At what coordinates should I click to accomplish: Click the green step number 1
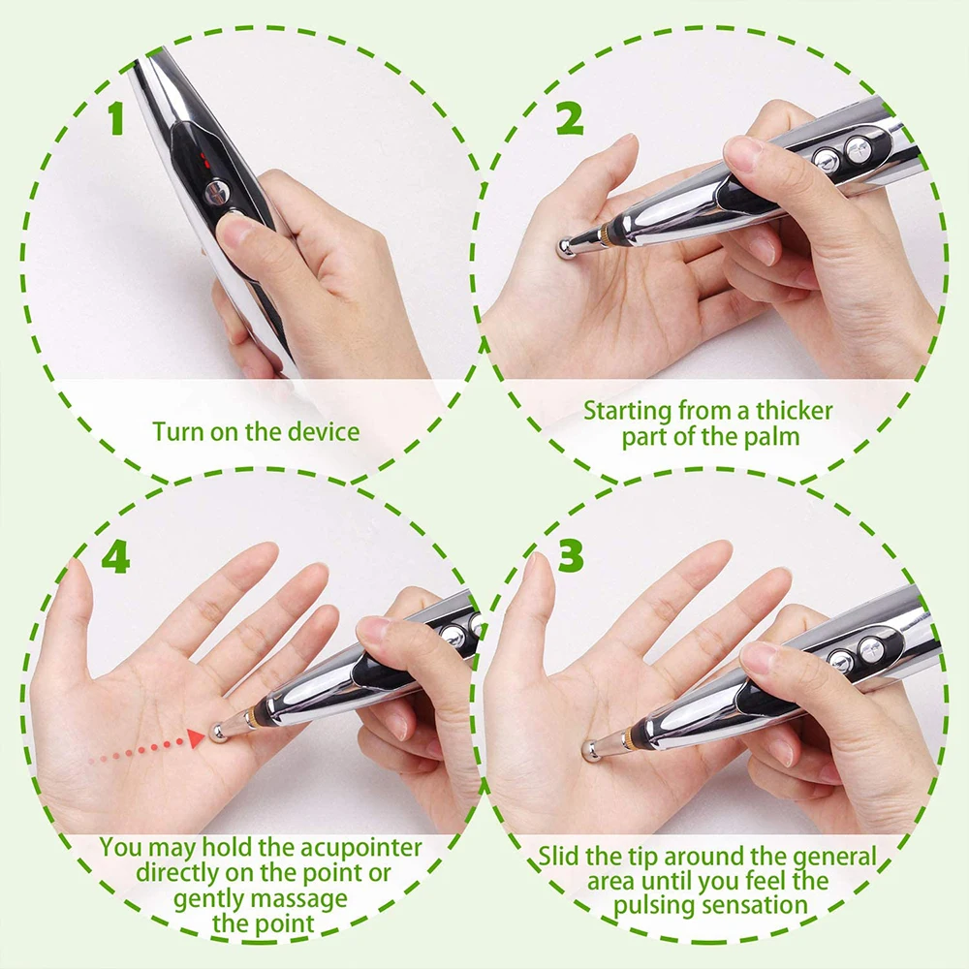(x=116, y=117)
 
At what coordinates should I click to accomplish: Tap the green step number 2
(x=569, y=117)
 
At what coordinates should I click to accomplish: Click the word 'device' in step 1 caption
(x=324, y=431)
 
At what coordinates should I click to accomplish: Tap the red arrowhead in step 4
(x=197, y=739)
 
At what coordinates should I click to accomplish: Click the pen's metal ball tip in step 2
(x=564, y=247)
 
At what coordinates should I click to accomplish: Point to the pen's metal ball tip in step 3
(x=590, y=748)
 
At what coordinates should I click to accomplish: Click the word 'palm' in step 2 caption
(x=775, y=436)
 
